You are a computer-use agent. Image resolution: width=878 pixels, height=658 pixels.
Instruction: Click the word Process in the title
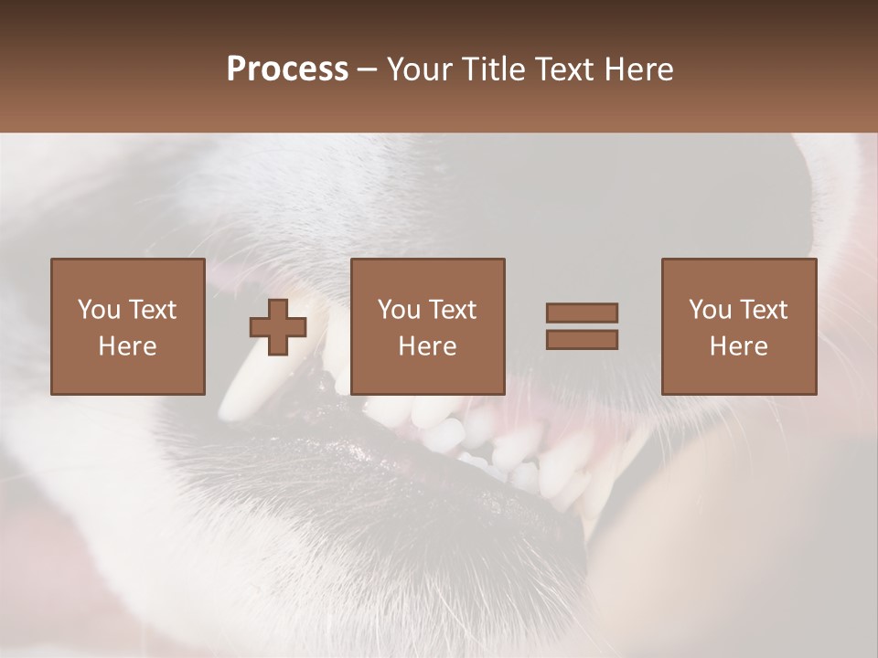click(x=287, y=69)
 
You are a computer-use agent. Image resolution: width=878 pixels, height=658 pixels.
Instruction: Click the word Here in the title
click(x=641, y=69)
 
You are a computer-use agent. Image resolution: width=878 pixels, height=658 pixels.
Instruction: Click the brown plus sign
click(x=278, y=327)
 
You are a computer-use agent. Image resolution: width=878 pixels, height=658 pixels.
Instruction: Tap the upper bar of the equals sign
click(x=582, y=313)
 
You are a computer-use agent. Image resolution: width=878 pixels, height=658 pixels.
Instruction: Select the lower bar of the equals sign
click(x=582, y=339)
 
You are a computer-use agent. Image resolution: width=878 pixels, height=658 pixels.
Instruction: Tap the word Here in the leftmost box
click(x=127, y=346)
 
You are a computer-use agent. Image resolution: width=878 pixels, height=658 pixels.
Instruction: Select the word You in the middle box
click(x=400, y=310)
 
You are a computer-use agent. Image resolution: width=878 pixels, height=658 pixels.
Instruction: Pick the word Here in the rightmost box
click(x=738, y=346)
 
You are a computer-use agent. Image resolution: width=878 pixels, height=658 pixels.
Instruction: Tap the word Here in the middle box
click(x=427, y=346)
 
